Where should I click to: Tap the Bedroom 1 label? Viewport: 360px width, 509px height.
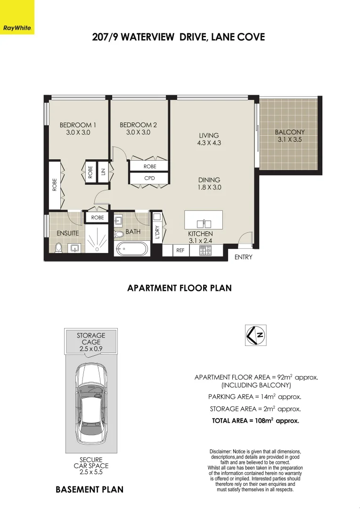[x=78, y=125]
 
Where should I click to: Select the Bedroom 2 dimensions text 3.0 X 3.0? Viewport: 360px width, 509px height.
[x=138, y=133]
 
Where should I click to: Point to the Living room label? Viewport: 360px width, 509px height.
[x=209, y=136]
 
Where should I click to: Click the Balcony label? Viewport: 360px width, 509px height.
[x=290, y=132]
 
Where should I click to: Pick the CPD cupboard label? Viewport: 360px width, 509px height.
[x=149, y=178]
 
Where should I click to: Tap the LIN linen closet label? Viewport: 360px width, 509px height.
[x=103, y=171]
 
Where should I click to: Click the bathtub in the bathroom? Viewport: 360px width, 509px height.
[x=132, y=248]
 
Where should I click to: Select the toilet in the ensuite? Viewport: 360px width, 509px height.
[x=58, y=247]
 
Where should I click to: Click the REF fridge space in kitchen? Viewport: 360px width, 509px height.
[x=180, y=250]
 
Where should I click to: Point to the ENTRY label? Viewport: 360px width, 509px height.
[x=243, y=257]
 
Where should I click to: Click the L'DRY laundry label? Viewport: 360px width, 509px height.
[x=157, y=232]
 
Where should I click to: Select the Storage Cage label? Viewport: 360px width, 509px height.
[x=91, y=339]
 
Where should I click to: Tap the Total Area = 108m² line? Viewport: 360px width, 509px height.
[x=255, y=421]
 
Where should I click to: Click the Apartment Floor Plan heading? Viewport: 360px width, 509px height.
[x=179, y=288]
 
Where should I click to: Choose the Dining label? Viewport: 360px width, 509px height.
[x=209, y=180]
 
